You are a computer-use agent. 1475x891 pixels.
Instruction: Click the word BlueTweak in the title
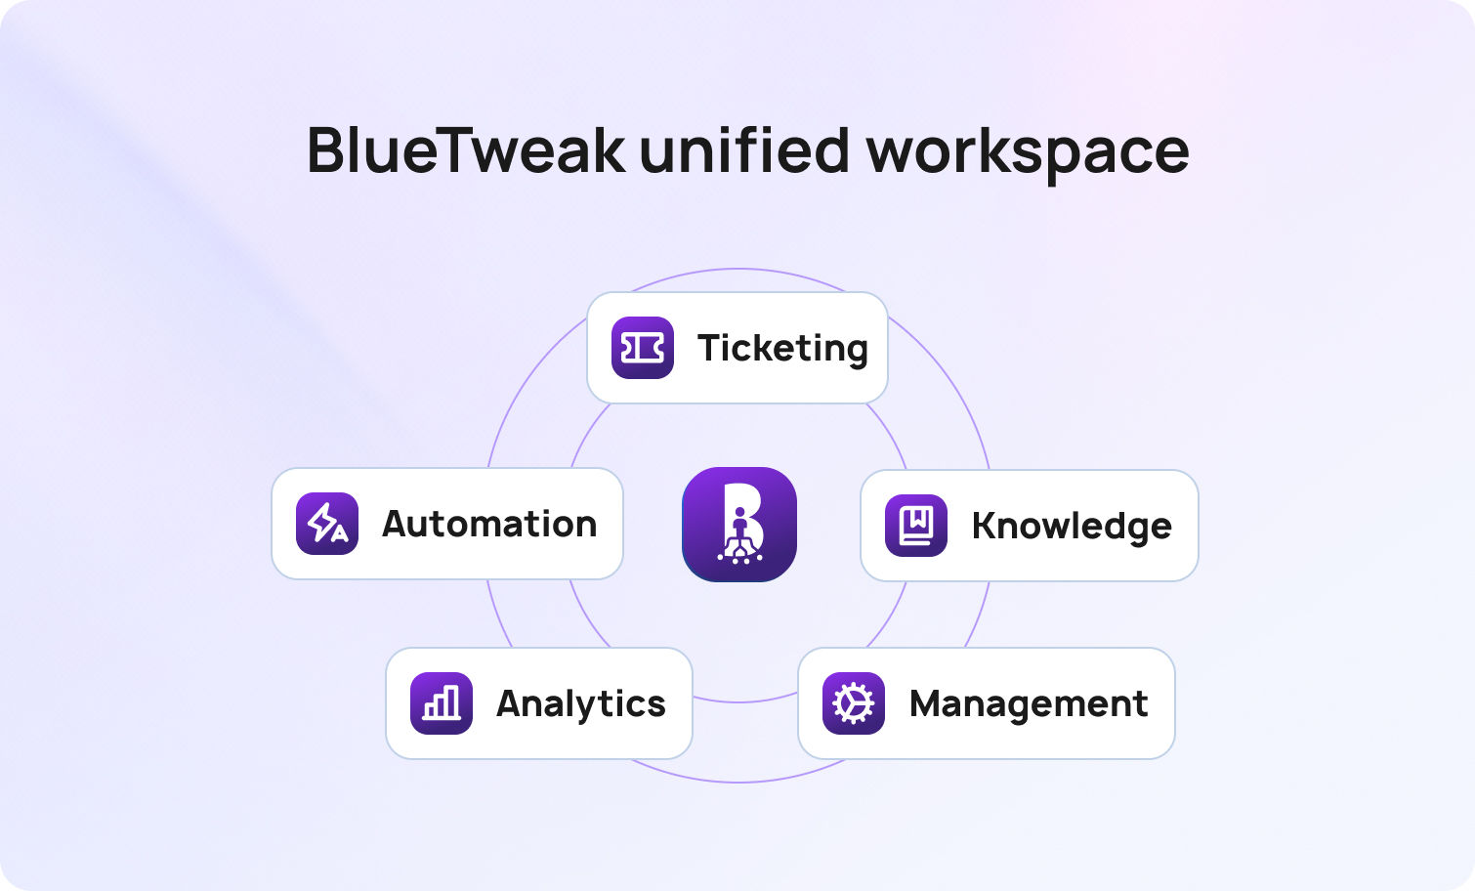pyautogui.click(x=466, y=150)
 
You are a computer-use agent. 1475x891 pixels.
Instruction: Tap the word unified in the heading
pyautogui.click(x=744, y=150)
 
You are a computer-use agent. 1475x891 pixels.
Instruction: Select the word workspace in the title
pyautogui.click(x=1028, y=152)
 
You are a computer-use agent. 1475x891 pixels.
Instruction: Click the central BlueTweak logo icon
pyautogui.click(x=739, y=525)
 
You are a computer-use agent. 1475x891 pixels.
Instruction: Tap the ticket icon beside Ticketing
pyautogui.click(x=643, y=348)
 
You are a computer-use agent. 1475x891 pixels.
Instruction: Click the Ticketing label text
pyautogui.click(x=782, y=349)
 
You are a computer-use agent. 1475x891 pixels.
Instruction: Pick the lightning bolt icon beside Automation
pyautogui.click(x=327, y=524)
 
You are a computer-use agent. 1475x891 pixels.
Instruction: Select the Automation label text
pyautogui.click(x=489, y=525)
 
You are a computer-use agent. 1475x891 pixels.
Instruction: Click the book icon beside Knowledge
pyautogui.click(x=916, y=526)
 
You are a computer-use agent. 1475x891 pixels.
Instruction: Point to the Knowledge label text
pyautogui.click(x=1072, y=526)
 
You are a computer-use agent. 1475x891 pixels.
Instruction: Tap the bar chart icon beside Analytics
pyautogui.click(x=442, y=703)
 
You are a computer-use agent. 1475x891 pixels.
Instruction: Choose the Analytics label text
pyautogui.click(x=581, y=704)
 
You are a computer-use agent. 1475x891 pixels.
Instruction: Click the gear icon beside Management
pyautogui.click(x=854, y=703)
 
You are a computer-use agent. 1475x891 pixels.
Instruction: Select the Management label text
pyautogui.click(x=1029, y=704)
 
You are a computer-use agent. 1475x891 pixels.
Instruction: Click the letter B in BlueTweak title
pyautogui.click(x=328, y=150)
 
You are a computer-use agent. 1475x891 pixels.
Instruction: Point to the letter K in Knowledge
pyautogui.click(x=984, y=526)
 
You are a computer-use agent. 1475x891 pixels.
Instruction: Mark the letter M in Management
pyautogui.click(x=927, y=704)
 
